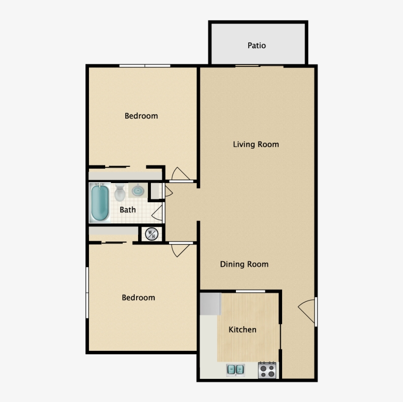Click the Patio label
click(257, 46)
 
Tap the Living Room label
click(256, 144)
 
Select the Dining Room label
click(244, 264)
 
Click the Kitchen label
click(242, 330)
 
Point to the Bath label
click(128, 210)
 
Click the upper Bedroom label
click(141, 116)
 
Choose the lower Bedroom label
click(138, 298)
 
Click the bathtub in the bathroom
click(100, 203)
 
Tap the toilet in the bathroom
click(120, 192)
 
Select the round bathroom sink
click(138, 190)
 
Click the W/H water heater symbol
click(152, 234)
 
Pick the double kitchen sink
click(235, 370)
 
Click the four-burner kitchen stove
click(267, 370)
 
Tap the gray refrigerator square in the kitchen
click(210, 304)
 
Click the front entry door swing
click(307, 311)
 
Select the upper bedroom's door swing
click(180, 174)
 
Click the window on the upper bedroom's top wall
click(145, 66)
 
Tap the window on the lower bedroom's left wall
click(87, 293)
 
